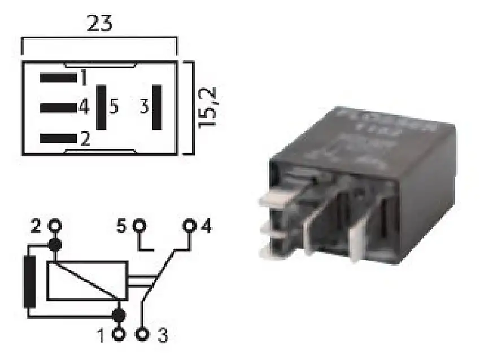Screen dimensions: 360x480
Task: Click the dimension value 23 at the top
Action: point(99,24)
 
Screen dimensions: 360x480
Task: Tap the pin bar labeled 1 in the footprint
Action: point(58,78)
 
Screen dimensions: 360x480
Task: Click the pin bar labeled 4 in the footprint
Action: point(58,107)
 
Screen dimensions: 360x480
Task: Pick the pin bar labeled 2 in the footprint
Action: point(58,138)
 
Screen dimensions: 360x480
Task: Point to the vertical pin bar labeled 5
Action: point(102,107)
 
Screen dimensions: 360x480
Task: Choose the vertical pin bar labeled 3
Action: point(156,107)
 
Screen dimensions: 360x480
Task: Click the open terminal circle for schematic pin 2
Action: point(55,226)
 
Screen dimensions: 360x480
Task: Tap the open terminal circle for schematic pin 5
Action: point(139,227)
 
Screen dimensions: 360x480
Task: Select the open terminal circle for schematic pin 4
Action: point(190,227)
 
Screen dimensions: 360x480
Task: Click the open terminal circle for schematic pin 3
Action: point(144,334)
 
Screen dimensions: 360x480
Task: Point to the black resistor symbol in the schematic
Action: point(30,280)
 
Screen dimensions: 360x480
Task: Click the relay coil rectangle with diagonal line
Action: point(86,280)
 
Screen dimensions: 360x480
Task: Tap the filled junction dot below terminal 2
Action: point(55,245)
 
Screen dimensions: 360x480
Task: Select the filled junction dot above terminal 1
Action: point(119,314)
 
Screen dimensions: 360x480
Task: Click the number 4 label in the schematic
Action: point(206,227)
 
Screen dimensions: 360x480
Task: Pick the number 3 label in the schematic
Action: point(162,335)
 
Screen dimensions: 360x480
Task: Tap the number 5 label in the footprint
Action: point(114,107)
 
